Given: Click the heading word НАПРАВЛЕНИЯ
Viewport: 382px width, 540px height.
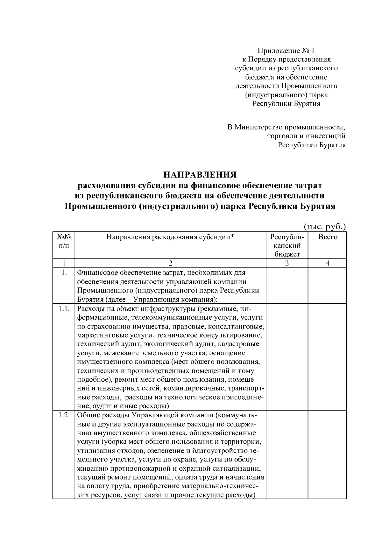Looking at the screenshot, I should pyautogui.click(x=200, y=175).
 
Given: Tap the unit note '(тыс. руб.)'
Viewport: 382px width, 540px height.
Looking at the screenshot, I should pyautogui.click(x=325, y=227).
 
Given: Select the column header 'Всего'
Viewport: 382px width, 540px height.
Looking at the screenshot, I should pyautogui.click(x=328, y=237).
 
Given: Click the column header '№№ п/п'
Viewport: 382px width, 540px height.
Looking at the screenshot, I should pyautogui.click(x=64, y=241).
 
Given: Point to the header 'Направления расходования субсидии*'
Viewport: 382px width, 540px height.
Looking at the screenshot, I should pyautogui.click(x=170, y=237).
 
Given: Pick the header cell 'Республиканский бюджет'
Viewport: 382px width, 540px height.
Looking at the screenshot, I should pyautogui.click(x=287, y=245).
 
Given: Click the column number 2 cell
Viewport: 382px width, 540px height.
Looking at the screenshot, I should pyautogui.click(x=170, y=263).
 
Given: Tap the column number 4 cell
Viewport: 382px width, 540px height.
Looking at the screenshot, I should pyautogui.click(x=328, y=263).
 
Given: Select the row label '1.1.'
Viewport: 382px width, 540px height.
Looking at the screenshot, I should pyautogui.click(x=64, y=309).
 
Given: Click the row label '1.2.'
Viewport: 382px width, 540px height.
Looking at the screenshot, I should pyautogui.click(x=64, y=416).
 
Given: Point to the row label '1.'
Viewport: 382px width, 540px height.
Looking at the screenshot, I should pyautogui.click(x=64, y=273).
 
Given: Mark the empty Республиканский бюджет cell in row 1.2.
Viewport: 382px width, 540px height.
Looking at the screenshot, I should pyautogui.click(x=287, y=455).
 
